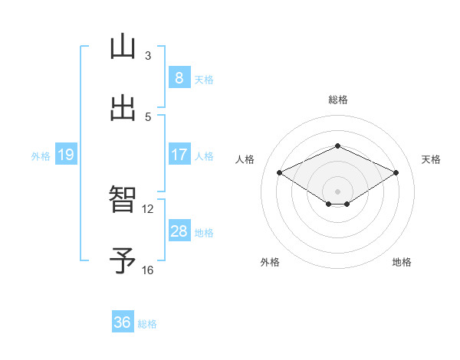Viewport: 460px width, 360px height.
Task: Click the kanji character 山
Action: (x=123, y=47)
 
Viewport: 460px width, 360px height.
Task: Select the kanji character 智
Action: (x=123, y=201)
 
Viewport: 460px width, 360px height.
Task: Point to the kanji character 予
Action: (x=123, y=261)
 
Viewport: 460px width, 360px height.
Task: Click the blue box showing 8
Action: (x=179, y=78)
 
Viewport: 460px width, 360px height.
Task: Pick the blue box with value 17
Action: (x=179, y=155)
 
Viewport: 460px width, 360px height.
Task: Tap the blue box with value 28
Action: (x=179, y=231)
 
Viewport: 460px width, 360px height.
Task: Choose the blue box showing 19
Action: (x=65, y=155)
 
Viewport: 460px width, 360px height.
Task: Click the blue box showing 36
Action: (x=123, y=322)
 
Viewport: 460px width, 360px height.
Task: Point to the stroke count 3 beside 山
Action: (x=148, y=56)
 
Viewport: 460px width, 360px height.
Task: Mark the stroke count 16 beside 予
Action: (x=148, y=270)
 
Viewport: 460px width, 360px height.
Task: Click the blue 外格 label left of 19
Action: (x=41, y=155)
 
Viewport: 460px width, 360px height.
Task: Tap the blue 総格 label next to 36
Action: (x=147, y=323)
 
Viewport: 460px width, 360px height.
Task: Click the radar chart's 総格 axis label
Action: (x=337, y=100)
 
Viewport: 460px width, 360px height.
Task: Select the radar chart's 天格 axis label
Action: (x=431, y=159)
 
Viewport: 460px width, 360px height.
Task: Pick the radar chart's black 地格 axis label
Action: (x=402, y=262)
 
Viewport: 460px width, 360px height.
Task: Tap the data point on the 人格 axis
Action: (x=280, y=173)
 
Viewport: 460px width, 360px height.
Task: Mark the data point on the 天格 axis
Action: (x=396, y=173)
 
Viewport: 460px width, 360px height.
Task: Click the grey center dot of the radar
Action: (x=337, y=191)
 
